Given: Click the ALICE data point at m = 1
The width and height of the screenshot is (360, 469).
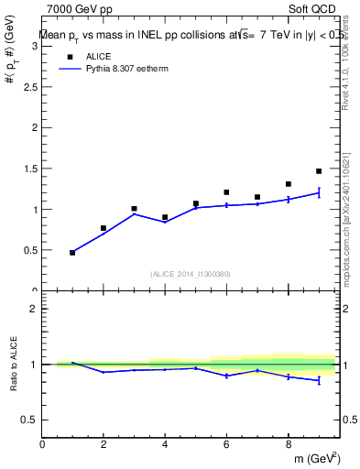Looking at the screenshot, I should tap(72, 252).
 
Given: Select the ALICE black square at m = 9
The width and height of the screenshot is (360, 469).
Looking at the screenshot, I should tap(319, 171).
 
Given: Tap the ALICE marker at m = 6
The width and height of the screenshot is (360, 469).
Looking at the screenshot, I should tap(226, 192).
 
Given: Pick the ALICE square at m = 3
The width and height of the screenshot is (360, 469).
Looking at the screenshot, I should tap(134, 209).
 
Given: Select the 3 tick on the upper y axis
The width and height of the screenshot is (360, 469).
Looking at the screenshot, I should tap(34, 47).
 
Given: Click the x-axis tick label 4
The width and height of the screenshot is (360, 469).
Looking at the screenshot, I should tap(165, 444).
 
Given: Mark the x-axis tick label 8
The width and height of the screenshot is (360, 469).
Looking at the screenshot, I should tap(288, 444).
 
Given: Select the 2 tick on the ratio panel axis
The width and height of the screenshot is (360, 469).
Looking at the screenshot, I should tap(34, 309).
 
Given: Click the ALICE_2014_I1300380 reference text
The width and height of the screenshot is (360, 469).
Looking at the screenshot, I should tap(190, 273).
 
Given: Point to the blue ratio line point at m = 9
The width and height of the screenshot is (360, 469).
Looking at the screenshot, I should tap(319, 379).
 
